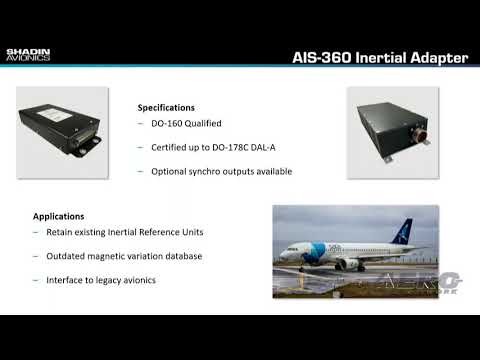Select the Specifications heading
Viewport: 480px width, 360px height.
(166, 107)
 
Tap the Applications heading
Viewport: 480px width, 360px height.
(59, 216)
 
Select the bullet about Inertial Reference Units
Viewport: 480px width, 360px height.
(125, 232)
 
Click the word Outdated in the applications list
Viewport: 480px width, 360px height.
(71, 256)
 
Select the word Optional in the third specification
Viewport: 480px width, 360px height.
(171, 171)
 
